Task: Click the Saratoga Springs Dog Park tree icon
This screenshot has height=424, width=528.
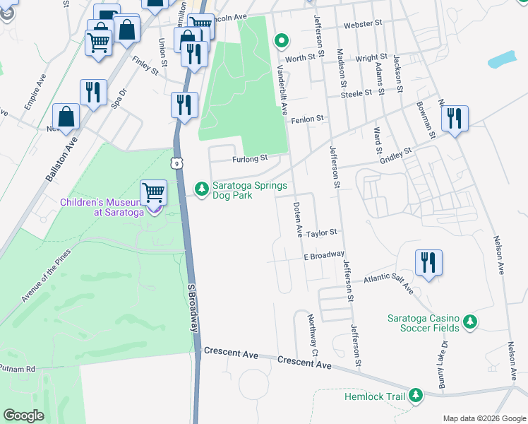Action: (202, 188)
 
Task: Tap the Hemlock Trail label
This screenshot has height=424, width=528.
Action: (376, 396)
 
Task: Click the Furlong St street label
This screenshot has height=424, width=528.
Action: (251, 158)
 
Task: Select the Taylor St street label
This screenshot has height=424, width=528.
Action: (323, 232)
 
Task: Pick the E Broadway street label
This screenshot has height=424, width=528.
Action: (324, 255)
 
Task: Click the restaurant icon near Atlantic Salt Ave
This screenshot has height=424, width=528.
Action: (428, 262)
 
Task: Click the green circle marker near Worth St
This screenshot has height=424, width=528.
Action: (281, 40)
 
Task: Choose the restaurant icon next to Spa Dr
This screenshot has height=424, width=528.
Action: (93, 91)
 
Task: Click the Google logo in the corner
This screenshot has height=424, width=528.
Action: (23, 415)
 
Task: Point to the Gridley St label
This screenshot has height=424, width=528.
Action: (397, 153)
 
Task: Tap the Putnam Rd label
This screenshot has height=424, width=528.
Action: (18, 369)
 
